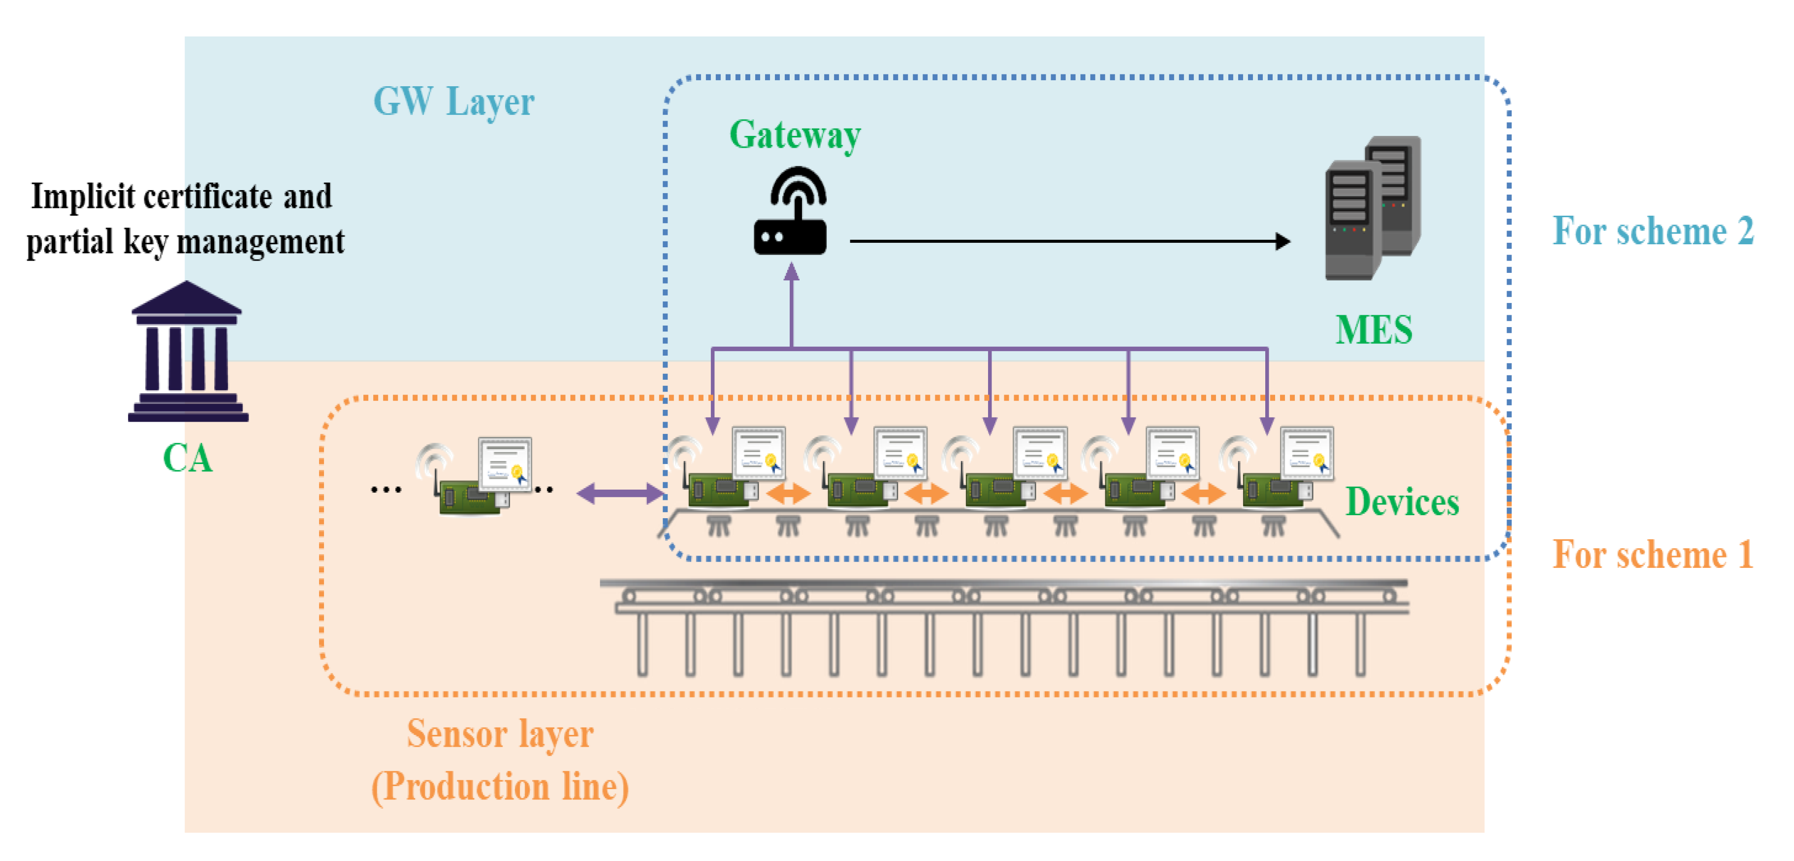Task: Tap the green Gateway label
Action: [x=795, y=134]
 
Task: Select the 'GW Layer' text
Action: [x=453, y=101]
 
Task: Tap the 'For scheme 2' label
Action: [x=1652, y=232]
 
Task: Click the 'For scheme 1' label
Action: [x=1652, y=555]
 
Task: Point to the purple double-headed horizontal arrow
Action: [x=619, y=494]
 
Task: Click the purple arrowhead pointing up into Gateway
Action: [x=791, y=272]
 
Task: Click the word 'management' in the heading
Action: [x=260, y=242]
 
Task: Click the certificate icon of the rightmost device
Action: [x=1307, y=453]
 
